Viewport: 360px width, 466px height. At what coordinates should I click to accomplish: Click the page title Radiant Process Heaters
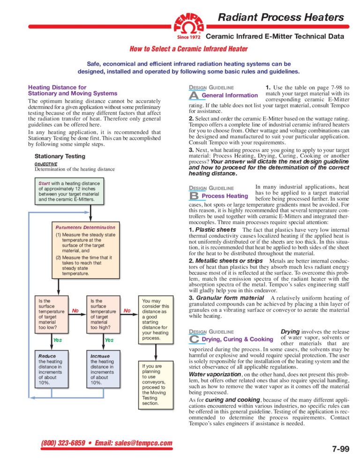click(281, 18)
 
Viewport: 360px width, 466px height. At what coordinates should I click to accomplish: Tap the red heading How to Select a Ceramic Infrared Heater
click(188, 49)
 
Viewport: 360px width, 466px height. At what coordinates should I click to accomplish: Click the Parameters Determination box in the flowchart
click(86, 251)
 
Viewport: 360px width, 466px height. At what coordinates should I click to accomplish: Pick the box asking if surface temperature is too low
click(51, 313)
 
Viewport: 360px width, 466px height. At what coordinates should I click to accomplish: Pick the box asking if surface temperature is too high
click(103, 313)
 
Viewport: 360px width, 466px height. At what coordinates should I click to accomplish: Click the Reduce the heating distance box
click(51, 369)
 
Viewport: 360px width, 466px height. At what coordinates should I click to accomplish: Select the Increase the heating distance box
click(103, 369)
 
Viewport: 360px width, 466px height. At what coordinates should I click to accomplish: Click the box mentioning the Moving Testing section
click(155, 384)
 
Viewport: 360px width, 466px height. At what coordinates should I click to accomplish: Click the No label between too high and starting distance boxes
click(127, 310)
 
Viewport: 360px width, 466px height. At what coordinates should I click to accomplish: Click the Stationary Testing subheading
click(60, 156)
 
